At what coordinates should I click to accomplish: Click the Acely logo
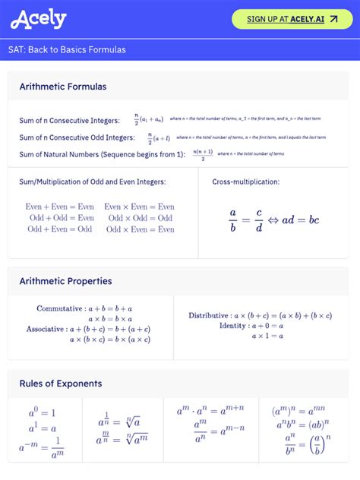point(39,19)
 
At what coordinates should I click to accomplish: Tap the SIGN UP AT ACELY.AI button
point(292,19)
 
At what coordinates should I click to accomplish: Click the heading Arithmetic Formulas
point(63,87)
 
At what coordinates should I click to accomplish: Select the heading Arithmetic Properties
point(65,281)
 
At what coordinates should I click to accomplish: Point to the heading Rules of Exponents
point(61,384)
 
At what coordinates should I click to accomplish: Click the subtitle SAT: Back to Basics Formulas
point(68,50)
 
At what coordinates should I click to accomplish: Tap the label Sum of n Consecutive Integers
point(69,121)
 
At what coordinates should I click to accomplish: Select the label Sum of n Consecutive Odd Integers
point(77,137)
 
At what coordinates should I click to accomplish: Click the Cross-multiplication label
point(245,182)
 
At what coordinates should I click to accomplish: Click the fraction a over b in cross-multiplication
point(233,219)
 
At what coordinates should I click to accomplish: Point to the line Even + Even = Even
point(60,207)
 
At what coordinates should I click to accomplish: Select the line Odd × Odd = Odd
point(141,218)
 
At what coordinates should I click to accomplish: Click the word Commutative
point(59,309)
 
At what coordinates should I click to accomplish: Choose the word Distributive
point(209,315)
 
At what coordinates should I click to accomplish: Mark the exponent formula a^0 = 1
point(43,413)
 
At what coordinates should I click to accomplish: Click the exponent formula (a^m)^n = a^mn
point(300,412)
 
